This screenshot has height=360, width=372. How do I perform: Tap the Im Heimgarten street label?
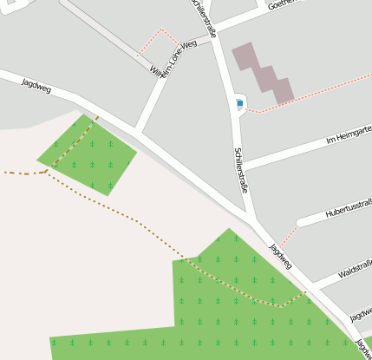[x=347, y=135]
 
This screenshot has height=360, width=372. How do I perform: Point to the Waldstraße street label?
[x=355, y=272]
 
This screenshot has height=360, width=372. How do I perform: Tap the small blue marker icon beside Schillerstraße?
[x=239, y=103]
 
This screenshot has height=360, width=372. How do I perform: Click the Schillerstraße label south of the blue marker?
[x=242, y=169]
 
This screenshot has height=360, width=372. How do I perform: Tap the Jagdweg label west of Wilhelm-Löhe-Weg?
[x=37, y=84]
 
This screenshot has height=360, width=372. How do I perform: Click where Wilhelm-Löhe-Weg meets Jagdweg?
[x=137, y=131]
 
